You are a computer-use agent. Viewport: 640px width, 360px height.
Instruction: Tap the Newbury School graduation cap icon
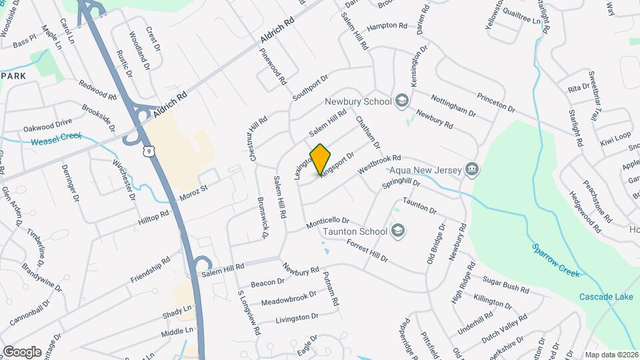401,101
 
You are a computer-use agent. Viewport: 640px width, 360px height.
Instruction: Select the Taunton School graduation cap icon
398,231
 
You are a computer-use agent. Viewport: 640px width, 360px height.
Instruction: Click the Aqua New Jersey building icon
472,170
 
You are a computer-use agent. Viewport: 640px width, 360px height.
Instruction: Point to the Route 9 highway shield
151,153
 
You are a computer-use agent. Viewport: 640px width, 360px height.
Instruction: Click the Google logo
22,351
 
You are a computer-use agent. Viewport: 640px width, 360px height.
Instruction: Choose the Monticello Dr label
327,223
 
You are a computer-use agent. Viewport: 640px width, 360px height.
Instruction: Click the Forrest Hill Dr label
367,251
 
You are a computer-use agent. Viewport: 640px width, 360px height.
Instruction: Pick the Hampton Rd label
387,26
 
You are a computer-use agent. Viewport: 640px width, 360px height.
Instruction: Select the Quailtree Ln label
522,21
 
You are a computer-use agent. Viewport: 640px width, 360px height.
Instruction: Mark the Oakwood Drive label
47,124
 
